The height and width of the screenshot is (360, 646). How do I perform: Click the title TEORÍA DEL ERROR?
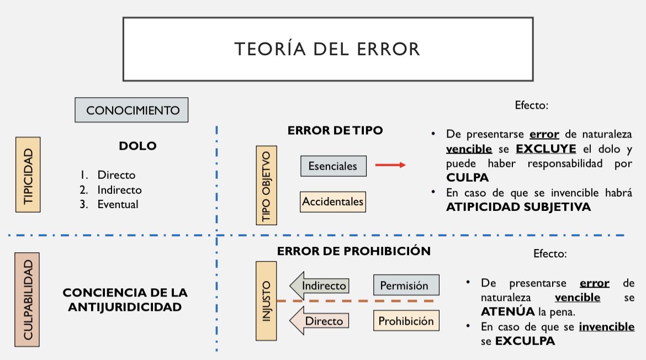click(x=327, y=49)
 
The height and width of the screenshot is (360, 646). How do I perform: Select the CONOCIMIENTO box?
click(x=131, y=110)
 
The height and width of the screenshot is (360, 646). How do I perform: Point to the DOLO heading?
click(x=137, y=146)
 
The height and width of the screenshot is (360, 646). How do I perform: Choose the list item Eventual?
click(x=118, y=204)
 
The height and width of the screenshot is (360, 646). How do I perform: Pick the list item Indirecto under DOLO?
click(x=119, y=189)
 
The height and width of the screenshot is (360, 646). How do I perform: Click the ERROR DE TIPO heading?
click(x=335, y=130)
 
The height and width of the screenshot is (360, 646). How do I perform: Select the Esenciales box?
click(x=333, y=166)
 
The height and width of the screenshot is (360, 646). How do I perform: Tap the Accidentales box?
click(x=333, y=202)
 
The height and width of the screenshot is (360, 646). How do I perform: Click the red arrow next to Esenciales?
click(x=390, y=165)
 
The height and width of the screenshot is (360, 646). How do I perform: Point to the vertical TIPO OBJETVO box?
click(x=267, y=185)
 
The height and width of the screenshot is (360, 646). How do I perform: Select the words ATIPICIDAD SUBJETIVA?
click(x=518, y=207)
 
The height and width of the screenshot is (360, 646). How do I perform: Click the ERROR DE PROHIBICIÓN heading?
click(x=353, y=251)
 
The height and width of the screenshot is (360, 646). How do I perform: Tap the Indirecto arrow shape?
click(x=320, y=285)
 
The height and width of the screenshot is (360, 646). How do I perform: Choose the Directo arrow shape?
click(x=320, y=321)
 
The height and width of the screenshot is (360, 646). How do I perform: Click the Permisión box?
click(x=406, y=285)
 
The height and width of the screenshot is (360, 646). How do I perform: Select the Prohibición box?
click(x=406, y=321)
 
